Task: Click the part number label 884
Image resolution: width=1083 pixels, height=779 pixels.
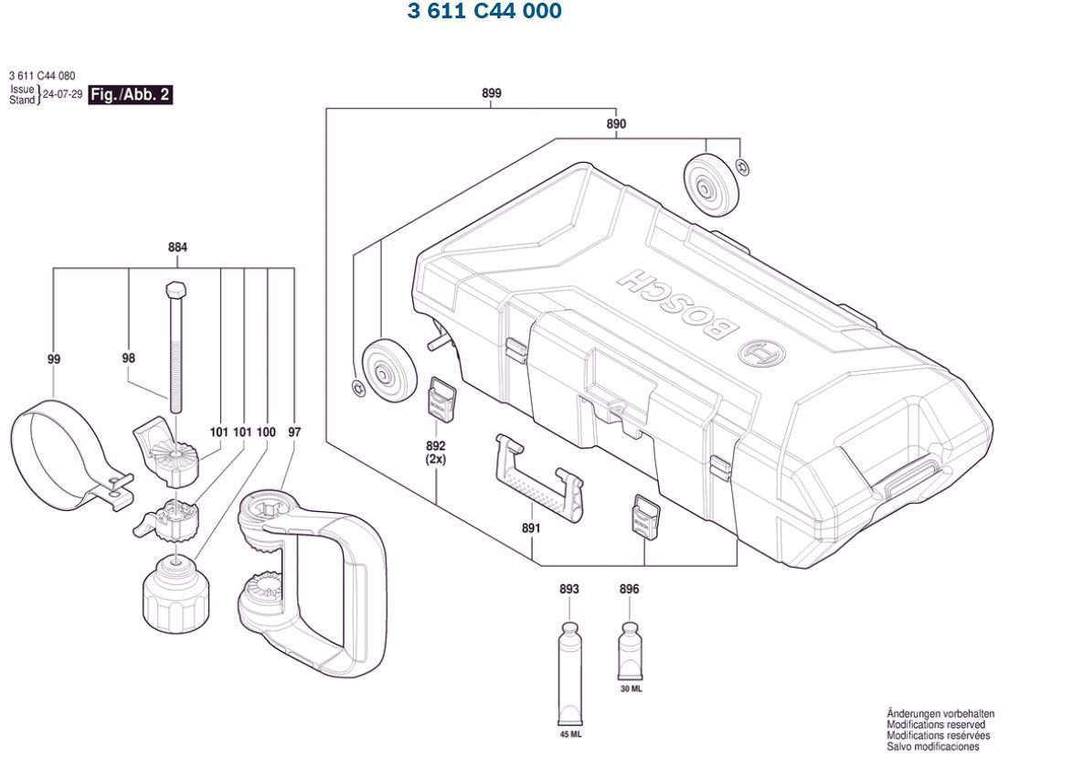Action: tap(177, 247)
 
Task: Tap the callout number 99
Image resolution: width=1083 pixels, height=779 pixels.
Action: tap(54, 359)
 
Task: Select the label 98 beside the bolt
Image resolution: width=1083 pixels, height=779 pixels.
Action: tap(128, 359)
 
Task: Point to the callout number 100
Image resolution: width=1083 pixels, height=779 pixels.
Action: tap(266, 432)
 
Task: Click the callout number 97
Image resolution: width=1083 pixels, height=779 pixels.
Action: tap(294, 432)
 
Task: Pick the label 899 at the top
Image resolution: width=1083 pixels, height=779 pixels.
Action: tap(492, 93)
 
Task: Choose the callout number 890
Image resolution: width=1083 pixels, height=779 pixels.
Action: tap(616, 123)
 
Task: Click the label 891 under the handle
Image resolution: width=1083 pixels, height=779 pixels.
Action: tap(531, 528)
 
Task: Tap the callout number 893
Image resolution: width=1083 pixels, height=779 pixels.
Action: tap(569, 590)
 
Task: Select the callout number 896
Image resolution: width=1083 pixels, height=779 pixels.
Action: tap(630, 590)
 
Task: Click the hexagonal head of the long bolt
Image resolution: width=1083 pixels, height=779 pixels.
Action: tap(175, 290)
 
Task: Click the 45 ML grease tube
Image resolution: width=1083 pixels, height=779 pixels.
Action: tap(569, 673)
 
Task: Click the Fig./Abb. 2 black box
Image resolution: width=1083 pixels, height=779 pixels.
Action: tap(130, 95)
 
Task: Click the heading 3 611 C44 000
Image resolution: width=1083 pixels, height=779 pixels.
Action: tap(484, 12)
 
